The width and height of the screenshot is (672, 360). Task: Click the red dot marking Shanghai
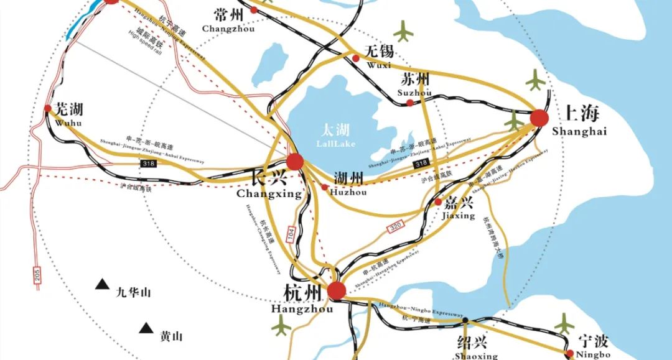coord(539,118)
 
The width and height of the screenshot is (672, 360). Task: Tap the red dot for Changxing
coord(295,161)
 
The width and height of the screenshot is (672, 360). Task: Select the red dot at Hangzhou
coord(337,290)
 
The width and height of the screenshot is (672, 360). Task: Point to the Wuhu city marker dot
coord(48,108)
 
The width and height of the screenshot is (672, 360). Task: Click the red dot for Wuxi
coord(356,58)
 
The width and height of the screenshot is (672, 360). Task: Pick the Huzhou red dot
coord(324,187)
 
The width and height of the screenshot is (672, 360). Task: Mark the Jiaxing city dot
coord(438,202)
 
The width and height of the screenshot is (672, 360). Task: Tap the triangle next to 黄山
coord(146,328)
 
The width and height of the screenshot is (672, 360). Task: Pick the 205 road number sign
coord(37,275)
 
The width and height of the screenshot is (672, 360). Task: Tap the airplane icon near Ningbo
coord(565,323)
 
